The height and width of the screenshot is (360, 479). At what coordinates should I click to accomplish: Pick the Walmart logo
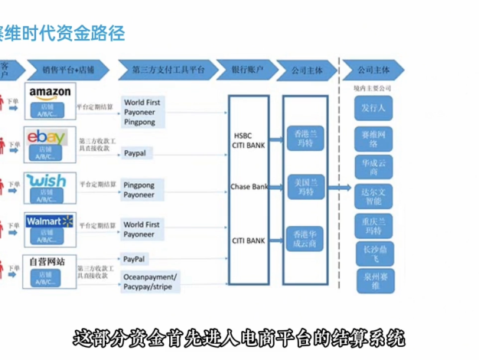coord(47,222)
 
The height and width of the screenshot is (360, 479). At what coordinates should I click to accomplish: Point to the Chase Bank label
coord(248,187)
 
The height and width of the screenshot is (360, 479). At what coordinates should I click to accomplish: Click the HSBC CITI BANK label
coord(248,140)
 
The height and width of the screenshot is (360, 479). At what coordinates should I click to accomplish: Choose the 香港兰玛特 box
coord(305,138)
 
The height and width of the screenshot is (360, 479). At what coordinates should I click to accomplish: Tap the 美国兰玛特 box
coord(305,185)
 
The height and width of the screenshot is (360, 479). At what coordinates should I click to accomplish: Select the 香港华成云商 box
coord(305,237)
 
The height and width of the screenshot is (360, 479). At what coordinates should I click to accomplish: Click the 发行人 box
coord(374,109)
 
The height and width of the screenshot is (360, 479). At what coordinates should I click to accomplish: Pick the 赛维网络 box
coord(374,137)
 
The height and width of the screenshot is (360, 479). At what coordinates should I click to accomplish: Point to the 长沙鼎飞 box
coord(374,254)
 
